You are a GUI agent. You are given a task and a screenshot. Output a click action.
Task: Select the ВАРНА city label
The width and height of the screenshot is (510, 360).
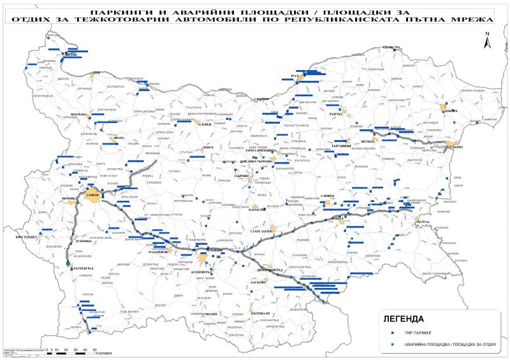click(x=457, y=147)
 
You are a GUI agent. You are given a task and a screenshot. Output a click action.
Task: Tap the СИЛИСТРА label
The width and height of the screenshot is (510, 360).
click(x=390, y=48)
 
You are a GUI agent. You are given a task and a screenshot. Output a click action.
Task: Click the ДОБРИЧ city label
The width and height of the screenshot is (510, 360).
click(x=452, y=111)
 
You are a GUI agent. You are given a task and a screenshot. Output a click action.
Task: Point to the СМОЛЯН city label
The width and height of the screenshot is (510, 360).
click(x=210, y=313)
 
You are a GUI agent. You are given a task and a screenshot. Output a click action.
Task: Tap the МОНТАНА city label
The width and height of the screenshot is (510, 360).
click(x=78, y=114)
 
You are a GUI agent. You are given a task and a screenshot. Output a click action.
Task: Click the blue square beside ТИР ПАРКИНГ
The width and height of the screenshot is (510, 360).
click(x=393, y=333)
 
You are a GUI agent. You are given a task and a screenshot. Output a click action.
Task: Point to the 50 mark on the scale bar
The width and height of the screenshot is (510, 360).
click(x=94, y=349)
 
